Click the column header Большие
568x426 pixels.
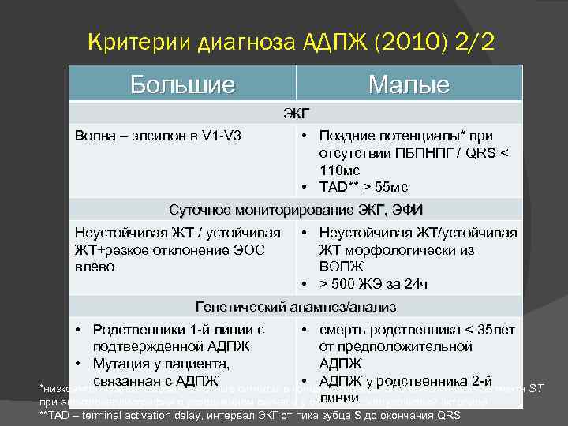182,84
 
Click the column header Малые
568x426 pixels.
408,84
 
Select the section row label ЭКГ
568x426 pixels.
296,113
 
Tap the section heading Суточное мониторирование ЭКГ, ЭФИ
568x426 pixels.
296,210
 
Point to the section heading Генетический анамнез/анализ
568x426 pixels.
296,307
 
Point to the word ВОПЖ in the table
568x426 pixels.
340,267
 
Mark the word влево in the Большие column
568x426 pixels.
95,267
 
